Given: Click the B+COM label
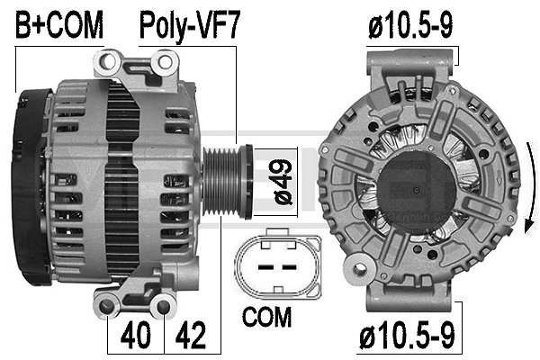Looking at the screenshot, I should pos(59,25).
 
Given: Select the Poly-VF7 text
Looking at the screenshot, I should pos(189,25).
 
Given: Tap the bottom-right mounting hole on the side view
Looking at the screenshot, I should pos(162,309).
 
